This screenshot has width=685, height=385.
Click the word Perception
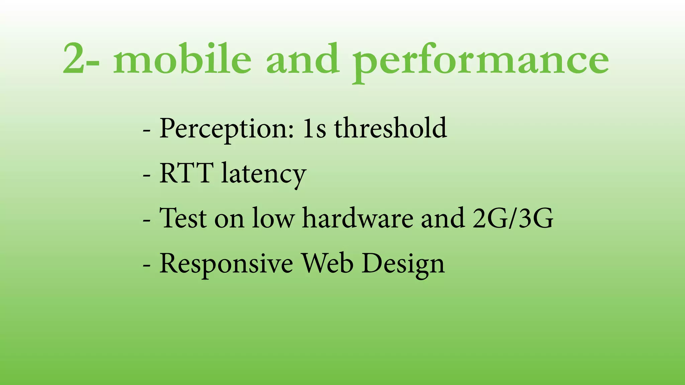pyautogui.click(x=226, y=129)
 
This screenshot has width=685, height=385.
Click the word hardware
pyautogui.click(x=358, y=218)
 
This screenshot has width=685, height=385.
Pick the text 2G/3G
pyautogui.click(x=513, y=218)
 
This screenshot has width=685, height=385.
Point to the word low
pyautogui.click(x=273, y=218)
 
